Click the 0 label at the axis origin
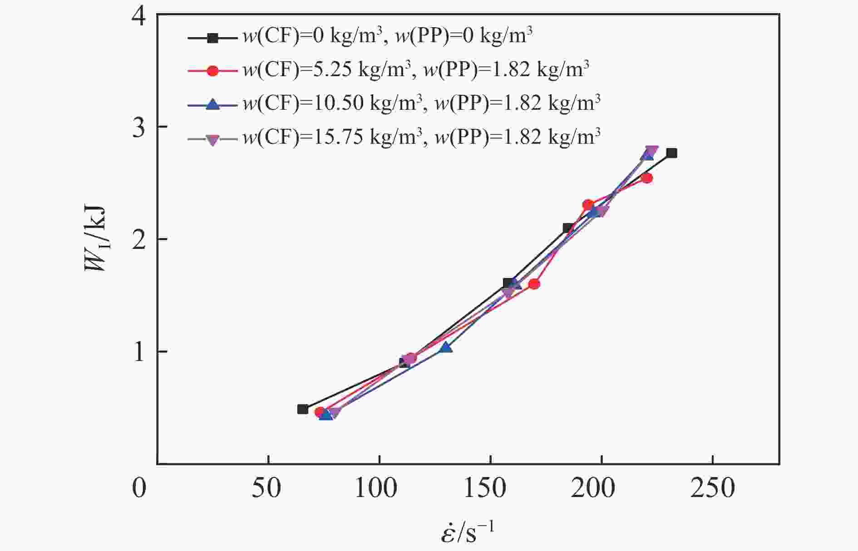(139, 488)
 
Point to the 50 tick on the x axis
(267, 488)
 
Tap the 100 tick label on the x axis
(377, 488)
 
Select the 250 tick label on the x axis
(712, 488)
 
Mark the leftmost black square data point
(303, 409)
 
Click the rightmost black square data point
(671, 153)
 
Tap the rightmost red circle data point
(647, 178)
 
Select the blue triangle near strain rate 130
(446, 347)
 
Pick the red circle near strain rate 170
(534, 284)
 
